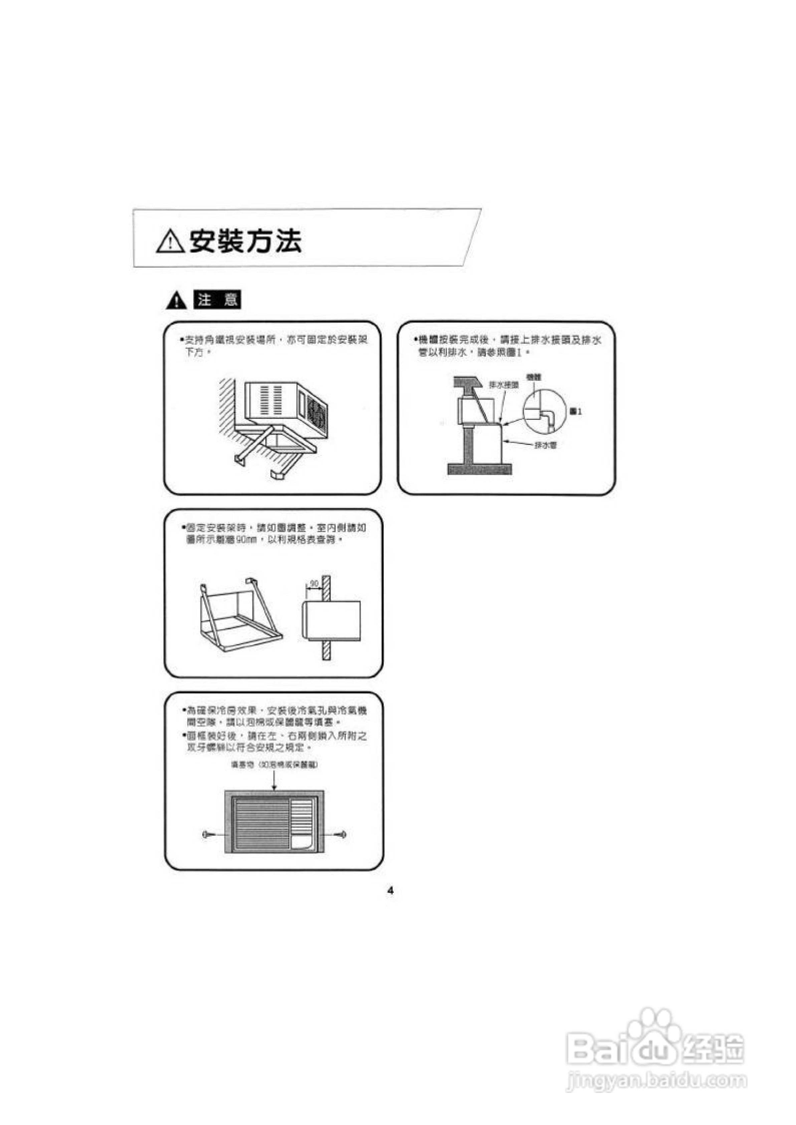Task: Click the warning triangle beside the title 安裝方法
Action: [170, 241]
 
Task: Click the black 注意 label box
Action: [217, 300]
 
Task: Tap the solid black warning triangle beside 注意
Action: [176, 301]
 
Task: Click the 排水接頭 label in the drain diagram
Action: [504, 385]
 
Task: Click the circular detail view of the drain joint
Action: [543, 412]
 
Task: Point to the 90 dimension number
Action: [314, 583]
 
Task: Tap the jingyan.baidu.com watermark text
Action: [656, 1080]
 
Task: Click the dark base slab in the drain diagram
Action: [479, 469]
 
